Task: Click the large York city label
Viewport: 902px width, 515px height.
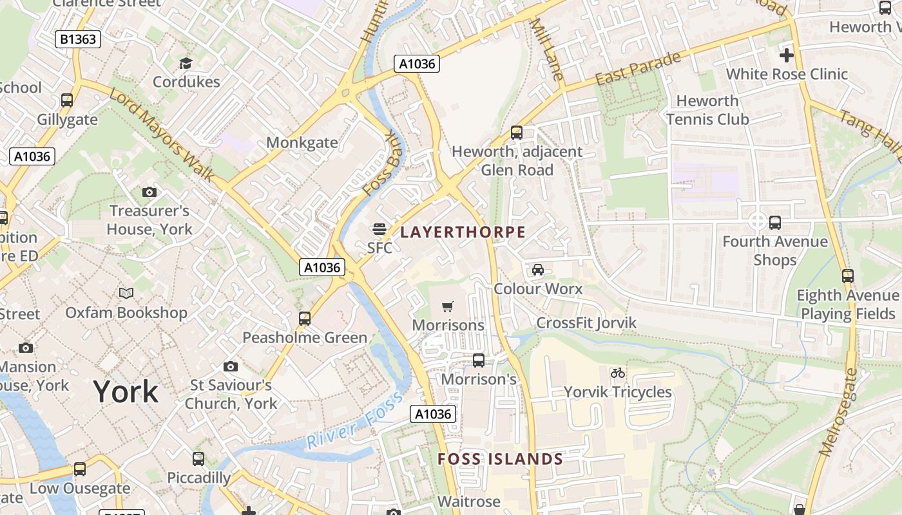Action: [x=126, y=391]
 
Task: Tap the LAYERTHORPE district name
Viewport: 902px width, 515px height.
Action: [x=463, y=232]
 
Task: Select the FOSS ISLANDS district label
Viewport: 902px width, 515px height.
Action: [x=500, y=459]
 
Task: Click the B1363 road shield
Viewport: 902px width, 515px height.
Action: [x=77, y=39]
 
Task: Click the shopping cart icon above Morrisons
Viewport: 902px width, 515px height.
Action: [x=448, y=306]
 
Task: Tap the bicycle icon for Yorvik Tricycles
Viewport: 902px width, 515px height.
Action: [x=617, y=373]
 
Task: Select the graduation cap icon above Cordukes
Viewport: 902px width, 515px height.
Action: [x=186, y=63]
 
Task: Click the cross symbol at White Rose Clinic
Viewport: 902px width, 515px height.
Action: [x=786, y=55]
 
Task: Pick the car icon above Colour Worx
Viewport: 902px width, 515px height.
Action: [x=537, y=270]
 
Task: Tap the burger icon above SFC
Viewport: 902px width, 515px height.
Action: [x=379, y=229]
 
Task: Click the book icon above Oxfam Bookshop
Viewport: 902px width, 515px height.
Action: [x=126, y=294]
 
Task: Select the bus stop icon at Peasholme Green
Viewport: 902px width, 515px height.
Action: [x=305, y=318]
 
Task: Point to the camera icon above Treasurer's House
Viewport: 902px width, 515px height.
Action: [x=149, y=192]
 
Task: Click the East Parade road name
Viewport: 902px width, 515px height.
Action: [x=637, y=69]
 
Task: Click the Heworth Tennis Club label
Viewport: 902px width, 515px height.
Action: [x=707, y=110]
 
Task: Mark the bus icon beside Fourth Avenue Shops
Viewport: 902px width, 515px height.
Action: [x=775, y=223]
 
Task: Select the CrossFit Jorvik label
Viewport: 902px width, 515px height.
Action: [x=586, y=323]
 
